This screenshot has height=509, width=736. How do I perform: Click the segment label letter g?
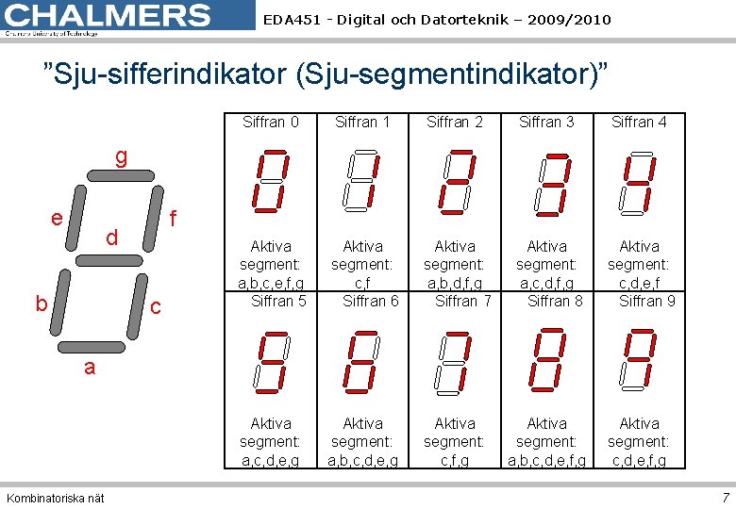click(122, 157)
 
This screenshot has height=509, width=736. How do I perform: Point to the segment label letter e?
click(58, 218)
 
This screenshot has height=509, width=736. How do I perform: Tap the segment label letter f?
click(173, 219)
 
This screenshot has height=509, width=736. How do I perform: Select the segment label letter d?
click(111, 238)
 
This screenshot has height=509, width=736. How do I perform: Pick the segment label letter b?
click(42, 304)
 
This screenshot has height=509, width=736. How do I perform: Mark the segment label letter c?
click(157, 307)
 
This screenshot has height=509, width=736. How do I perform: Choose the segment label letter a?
click(90, 368)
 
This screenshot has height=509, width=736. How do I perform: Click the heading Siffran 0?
click(271, 122)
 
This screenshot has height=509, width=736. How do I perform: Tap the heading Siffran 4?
click(639, 122)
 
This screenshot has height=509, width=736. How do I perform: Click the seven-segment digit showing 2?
click(455, 181)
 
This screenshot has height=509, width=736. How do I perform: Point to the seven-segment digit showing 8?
click(547, 359)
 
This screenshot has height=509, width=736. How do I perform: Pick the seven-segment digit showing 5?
click(271, 359)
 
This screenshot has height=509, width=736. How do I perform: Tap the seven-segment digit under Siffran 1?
click(362, 181)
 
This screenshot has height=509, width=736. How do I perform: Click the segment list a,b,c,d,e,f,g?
click(547, 459)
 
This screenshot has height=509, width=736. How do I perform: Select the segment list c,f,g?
click(455, 459)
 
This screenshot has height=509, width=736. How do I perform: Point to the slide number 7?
click(725, 498)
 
